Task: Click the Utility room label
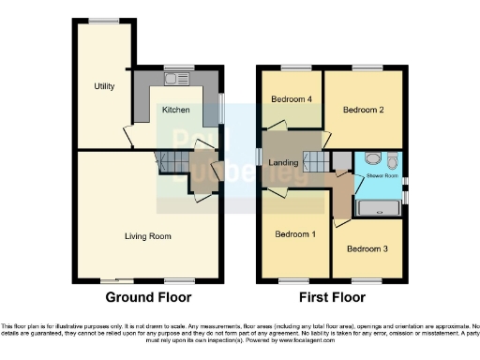tap(104, 86)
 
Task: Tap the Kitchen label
tap(176, 110)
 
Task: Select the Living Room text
tap(148, 236)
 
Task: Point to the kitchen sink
tap(177, 79)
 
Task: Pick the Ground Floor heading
tap(148, 297)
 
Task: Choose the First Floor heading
tap(332, 297)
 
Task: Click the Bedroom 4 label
tap(291, 99)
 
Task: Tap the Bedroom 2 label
tap(363, 110)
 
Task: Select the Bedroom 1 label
tap(293, 233)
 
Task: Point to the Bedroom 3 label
tap(366, 249)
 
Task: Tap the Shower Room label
tap(382, 175)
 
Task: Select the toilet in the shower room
tap(392, 161)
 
